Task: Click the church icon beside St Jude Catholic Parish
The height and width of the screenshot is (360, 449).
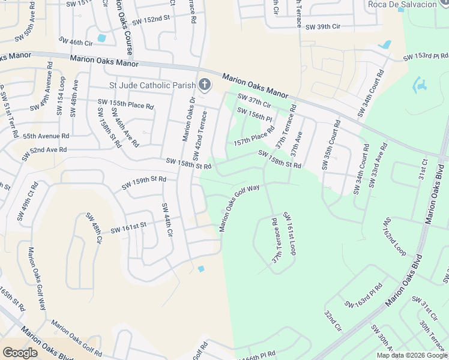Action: click(205, 85)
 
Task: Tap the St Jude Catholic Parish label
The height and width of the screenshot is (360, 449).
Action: click(152, 85)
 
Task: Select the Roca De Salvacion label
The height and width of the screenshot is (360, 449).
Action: click(402, 4)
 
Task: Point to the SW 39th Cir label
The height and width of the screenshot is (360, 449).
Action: click(323, 27)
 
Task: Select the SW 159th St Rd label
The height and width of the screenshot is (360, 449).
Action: click(143, 179)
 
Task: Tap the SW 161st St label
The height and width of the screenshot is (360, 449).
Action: click(128, 226)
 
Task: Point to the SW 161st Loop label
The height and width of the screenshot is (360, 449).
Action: click(289, 233)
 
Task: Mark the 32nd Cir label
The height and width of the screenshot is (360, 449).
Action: click(333, 322)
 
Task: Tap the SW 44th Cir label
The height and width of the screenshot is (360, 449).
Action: click(167, 220)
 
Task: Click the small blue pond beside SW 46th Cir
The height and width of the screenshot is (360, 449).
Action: click(101, 38)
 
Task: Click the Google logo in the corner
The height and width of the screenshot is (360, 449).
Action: click(20, 353)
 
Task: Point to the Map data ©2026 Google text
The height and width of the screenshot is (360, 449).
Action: click(412, 355)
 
